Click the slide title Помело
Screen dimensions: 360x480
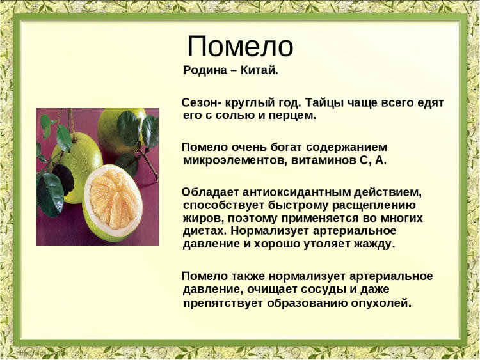(240, 47)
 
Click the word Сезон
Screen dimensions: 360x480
(199, 103)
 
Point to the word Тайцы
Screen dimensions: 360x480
(323, 103)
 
